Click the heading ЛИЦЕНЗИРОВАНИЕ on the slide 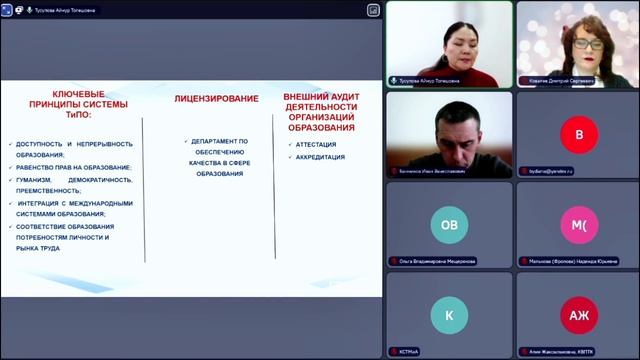click(x=216, y=99)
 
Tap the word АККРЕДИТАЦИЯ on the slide click(x=321, y=157)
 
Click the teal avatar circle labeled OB click(x=449, y=225)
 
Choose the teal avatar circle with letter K click(x=449, y=315)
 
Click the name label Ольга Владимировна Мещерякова click(x=437, y=261)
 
